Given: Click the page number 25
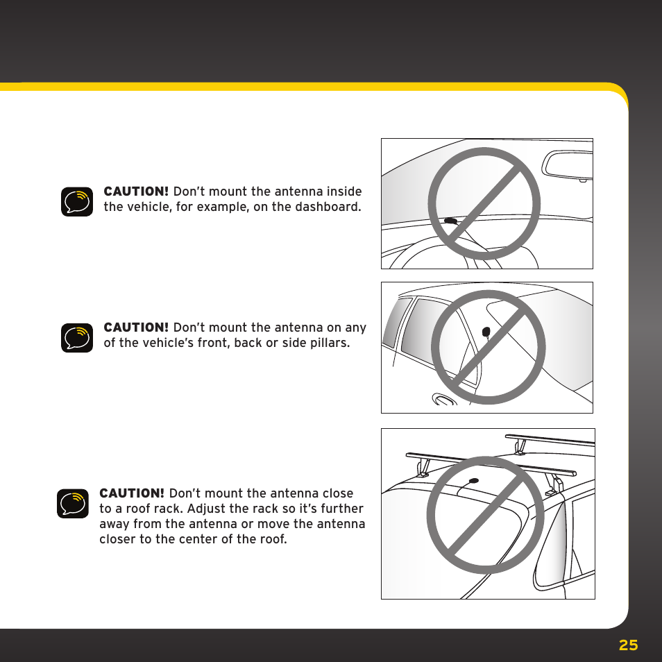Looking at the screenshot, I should [628, 645].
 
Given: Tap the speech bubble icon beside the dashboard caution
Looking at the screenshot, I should [76, 201].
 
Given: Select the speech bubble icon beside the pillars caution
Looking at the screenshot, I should [76, 337].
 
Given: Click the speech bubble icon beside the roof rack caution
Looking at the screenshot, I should [72, 503].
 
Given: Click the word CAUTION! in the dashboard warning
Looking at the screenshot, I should [136, 192].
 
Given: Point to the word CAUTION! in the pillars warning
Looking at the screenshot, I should [136, 328].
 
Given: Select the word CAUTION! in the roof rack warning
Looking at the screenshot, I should [132, 493].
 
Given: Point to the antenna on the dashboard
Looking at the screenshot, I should [451, 221].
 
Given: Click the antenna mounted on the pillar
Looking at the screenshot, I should [486, 331].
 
